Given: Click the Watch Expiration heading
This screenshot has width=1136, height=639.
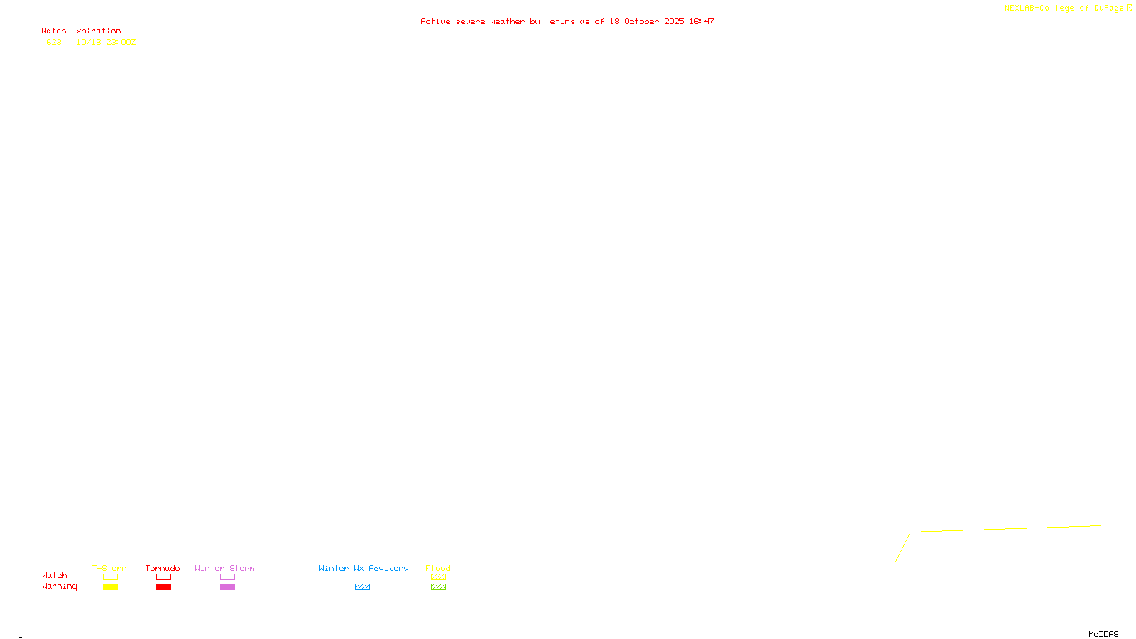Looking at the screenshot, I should pyautogui.click(x=81, y=31).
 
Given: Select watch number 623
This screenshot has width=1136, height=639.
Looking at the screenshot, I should pyautogui.click(x=54, y=43).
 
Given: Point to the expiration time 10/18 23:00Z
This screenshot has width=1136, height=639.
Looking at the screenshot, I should pyautogui.click(x=106, y=43).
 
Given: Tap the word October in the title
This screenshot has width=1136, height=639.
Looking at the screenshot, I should pyautogui.click(x=641, y=22).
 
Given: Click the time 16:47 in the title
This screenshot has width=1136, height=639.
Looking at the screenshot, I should pyautogui.click(x=701, y=22).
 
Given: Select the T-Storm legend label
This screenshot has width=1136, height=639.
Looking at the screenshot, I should pyautogui.click(x=109, y=568).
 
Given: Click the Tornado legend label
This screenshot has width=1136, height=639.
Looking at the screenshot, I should pyautogui.click(x=163, y=568).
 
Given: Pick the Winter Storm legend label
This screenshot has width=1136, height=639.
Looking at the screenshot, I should pyautogui.click(x=224, y=568).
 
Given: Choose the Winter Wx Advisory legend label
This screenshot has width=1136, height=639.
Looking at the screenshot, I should pyautogui.click(x=364, y=568).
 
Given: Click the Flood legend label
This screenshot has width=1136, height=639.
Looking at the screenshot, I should pyautogui.click(x=438, y=568).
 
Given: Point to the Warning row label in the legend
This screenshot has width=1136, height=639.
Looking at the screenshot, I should pyautogui.click(x=59, y=586).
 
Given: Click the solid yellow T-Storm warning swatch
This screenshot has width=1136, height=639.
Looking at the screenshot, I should pyautogui.click(x=110, y=587).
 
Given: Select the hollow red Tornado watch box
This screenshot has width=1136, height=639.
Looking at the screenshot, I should pyautogui.click(x=163, y=577).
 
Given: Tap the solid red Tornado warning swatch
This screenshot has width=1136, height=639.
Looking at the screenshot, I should pyautogui.click(x=163, y=587).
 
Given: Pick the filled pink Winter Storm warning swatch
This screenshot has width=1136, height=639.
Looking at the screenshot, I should pyautogui.click(x=227, y=587).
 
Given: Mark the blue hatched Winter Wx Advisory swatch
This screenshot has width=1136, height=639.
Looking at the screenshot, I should pyautogui.click(x=362, y=587).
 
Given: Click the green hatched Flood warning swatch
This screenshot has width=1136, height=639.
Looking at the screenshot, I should pyautogui.click(x=438, y=587).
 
